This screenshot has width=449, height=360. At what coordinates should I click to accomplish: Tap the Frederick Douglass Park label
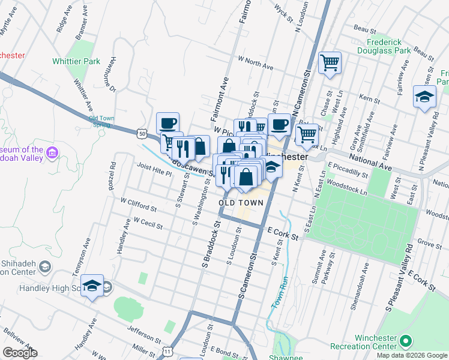click(390, 47)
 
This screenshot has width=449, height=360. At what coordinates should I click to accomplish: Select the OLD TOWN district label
click(241, 203)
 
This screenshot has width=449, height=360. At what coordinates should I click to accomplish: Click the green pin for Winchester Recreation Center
click(406, 341)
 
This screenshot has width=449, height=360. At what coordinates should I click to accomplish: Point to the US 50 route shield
click(141, 130)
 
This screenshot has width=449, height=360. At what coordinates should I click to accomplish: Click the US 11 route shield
click(167, 350)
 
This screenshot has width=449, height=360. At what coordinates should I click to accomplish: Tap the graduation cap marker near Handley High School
click(92, 286)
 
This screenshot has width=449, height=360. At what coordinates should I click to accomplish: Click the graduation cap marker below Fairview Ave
click(424, 97)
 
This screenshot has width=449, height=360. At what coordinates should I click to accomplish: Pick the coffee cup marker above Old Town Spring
click(168, 123)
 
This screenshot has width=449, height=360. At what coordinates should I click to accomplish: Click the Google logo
click(20, 353)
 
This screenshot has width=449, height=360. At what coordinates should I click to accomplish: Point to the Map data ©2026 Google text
click(411, 355)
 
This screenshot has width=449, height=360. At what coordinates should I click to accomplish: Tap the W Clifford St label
click(138, 205)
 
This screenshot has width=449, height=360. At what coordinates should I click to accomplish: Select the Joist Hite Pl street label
click(154, 169)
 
